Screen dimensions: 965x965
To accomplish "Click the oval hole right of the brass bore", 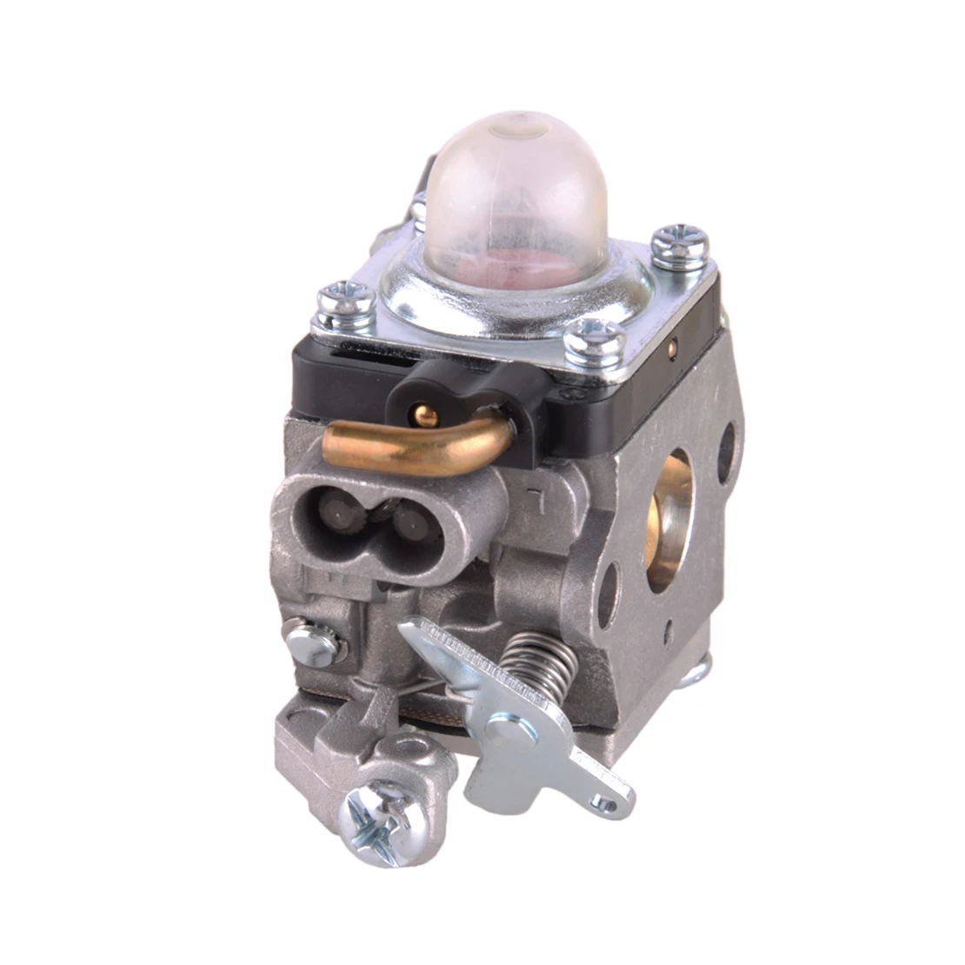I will click(727, 453).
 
